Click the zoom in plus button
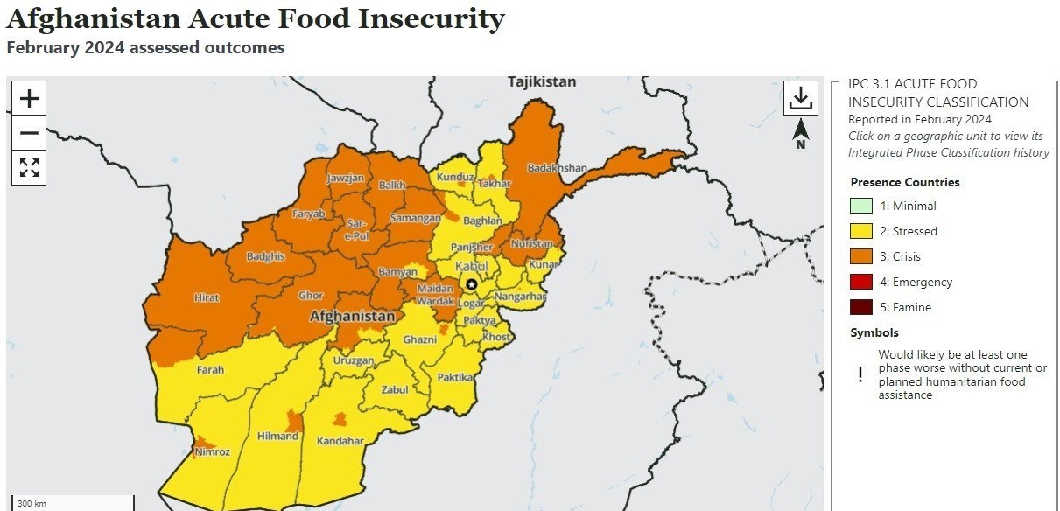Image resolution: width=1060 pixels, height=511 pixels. (x=29, y=98)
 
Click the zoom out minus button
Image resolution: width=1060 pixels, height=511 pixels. (x=29, y=133)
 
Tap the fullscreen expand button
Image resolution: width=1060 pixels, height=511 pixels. (x=29, y=167)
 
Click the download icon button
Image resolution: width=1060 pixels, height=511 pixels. (x=800, y=98)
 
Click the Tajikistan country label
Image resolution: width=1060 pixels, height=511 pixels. (x=542, y=82)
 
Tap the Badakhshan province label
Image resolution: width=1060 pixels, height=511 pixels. (x=557, y=168)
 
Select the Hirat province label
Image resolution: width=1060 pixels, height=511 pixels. (x=207, y=298)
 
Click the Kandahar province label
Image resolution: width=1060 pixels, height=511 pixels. (x=340, y=441)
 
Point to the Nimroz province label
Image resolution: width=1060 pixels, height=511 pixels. (x=213, y=452)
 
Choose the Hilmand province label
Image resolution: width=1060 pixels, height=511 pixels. (x=277, y=436)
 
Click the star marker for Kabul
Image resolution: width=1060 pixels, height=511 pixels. (x=471, y=283)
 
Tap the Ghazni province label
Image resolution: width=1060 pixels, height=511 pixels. (x=419, y=339)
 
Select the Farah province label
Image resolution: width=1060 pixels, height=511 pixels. (x=210, y=370)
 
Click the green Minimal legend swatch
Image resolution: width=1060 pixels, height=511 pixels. (x=861, y=206)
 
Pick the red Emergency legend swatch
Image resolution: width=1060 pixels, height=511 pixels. (x=861, y=283)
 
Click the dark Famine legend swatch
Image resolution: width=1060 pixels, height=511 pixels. (x=861, y=308)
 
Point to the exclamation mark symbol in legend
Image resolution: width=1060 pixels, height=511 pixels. (x=860, y=374)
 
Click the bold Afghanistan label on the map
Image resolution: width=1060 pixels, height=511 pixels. (x=352, y=316)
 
